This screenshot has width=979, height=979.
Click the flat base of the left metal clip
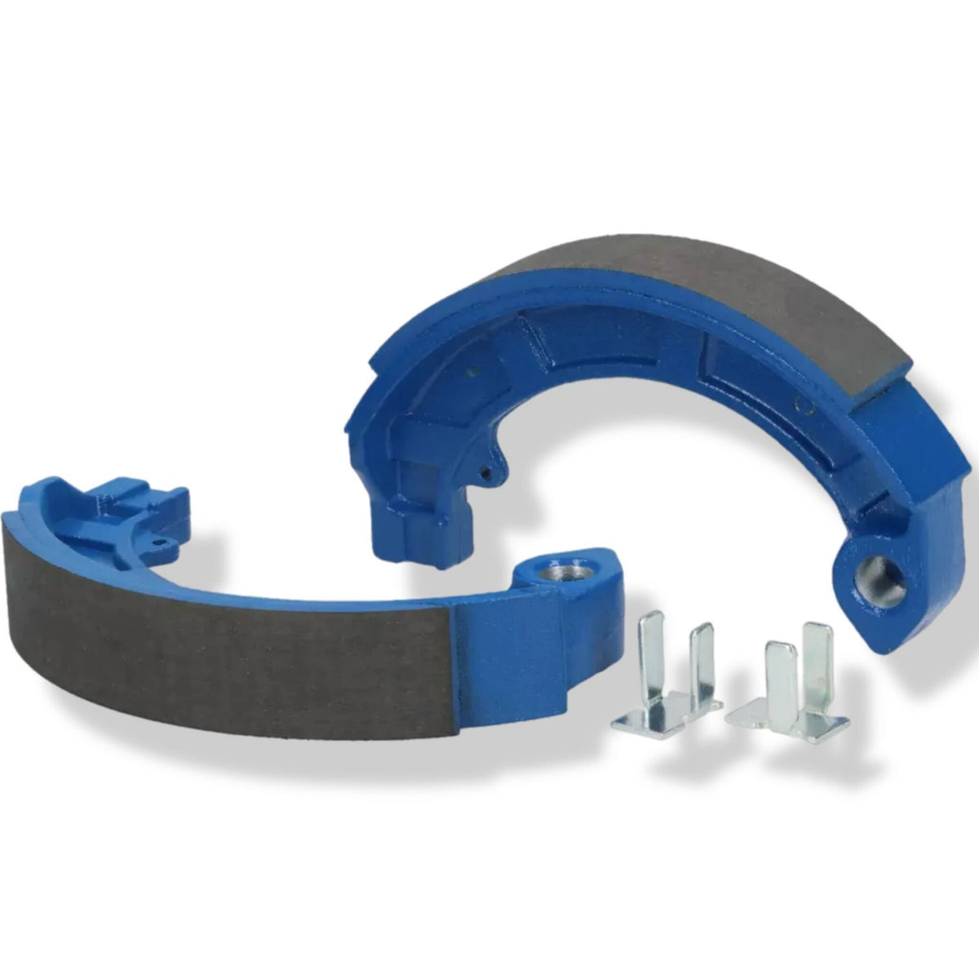click(645, 718)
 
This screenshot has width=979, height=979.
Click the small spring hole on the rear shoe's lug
click(487, 472)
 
